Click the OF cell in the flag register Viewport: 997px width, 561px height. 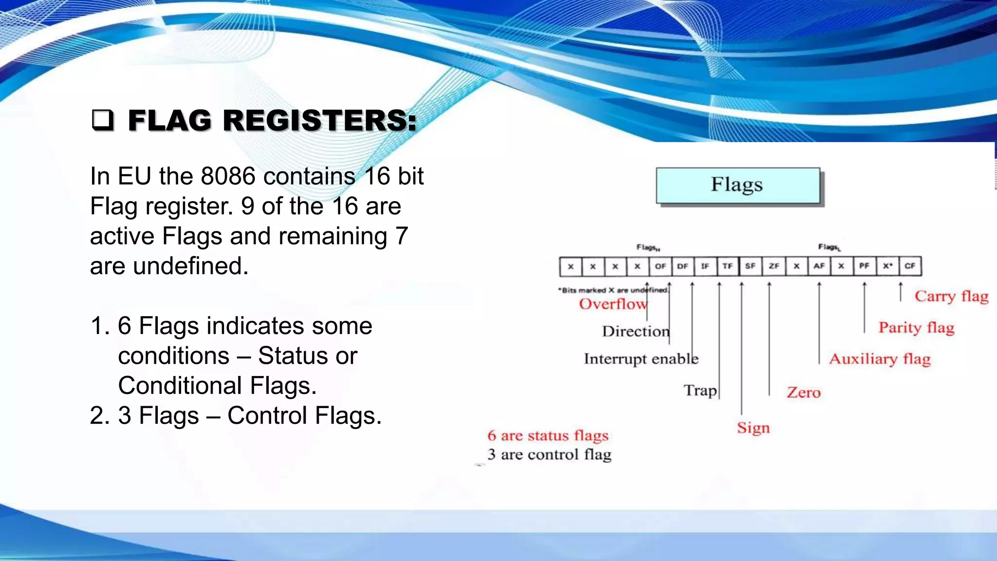point(660,266)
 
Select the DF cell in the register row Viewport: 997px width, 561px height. point(683,266)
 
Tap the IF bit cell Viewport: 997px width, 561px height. point(705,266)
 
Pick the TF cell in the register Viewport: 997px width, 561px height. point(727,266)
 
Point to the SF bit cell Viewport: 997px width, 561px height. point(750,266)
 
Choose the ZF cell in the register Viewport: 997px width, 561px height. point(774,266)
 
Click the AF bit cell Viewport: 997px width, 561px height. point(819,266)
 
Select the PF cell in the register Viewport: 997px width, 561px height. point(864,266)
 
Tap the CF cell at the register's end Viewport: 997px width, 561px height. point(910,266)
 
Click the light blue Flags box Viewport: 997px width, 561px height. point(738,186)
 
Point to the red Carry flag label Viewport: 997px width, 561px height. point(951,296)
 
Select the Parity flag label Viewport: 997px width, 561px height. point(916,328)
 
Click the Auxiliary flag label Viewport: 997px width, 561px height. point(880,359)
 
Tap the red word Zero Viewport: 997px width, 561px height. point(803,393)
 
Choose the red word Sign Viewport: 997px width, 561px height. point(753,428)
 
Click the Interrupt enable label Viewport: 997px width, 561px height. point(641,359)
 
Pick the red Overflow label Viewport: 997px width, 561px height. point(612,304)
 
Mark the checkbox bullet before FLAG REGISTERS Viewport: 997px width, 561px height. point(102,120)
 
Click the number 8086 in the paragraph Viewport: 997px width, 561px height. point(228,176)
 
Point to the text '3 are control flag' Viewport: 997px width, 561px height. point(549,455)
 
